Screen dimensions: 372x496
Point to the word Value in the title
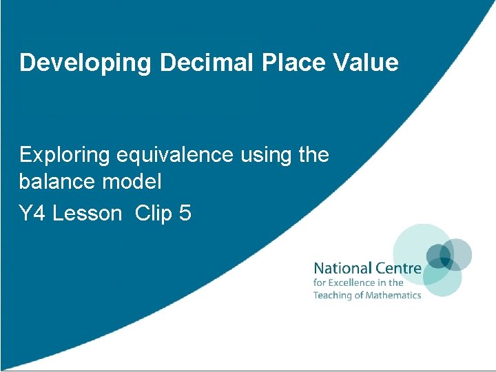(x=363, y=63)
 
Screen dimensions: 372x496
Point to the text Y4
(x=32, y=214)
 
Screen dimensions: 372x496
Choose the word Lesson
(x=87, y=214)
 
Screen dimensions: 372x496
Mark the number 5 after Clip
(x=185, y=214)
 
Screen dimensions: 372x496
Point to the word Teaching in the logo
(x=333, y=296)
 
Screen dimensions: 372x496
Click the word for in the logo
(x=320, y=282)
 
